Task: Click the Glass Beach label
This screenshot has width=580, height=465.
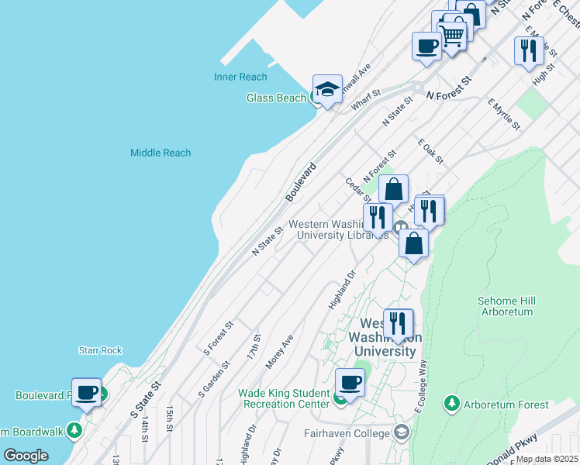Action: click(276, 98)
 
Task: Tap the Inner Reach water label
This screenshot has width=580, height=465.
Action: click(240, 77)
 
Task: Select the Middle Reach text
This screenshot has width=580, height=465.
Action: click(161, 153)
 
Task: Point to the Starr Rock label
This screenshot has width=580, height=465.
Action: click(100, 350)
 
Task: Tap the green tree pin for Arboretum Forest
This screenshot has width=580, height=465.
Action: click(452, 403)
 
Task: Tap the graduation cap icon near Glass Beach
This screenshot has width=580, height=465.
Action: click(328, 89)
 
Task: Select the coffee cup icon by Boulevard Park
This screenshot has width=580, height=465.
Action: click(87, 392)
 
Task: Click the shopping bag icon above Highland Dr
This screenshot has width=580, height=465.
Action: click(414, 243)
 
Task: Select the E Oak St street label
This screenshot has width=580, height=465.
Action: click(430, 152)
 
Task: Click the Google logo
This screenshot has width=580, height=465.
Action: click(26, 456)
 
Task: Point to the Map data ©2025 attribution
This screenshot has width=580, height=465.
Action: click(547, 459)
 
